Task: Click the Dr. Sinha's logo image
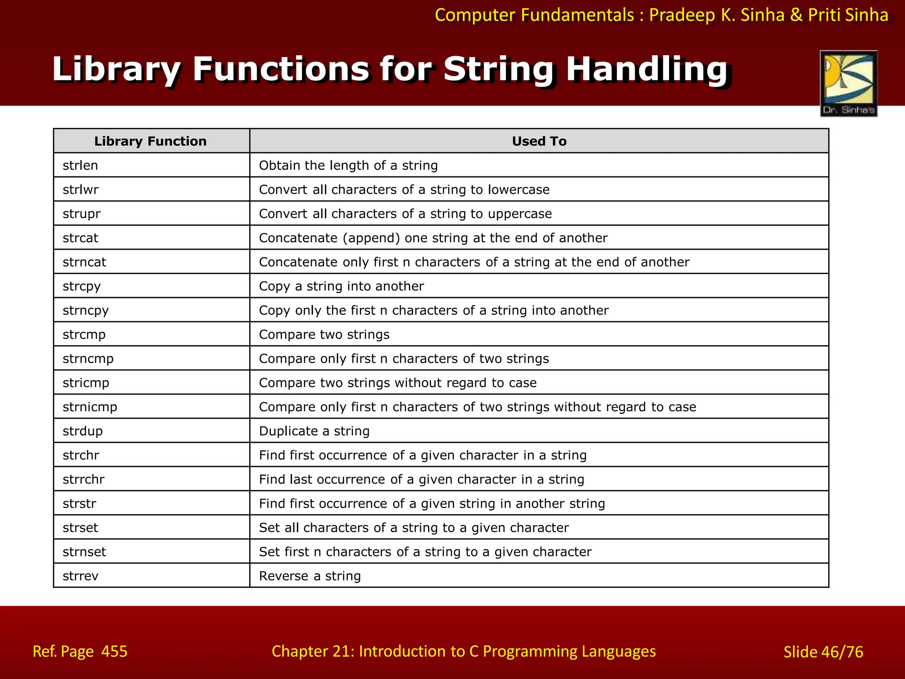tap(848, 84)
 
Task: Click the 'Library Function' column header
tap(150, 141)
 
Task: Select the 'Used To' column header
tap(539, 141)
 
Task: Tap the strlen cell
tap(80, 165)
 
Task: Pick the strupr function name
tap(82, 214)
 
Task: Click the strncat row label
tap(84, 262)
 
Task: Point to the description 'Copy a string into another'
tap(341, 286)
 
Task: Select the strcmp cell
tap(84, 334)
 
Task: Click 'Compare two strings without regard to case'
tap(398, 382)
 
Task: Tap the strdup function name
tap(83, 431)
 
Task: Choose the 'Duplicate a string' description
tap(314, 431)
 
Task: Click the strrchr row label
tap(84, 479)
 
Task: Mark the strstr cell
tap(80, 504)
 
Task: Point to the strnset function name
tap(84, 552)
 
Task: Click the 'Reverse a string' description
tap(310, 576)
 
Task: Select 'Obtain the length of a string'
tap(348, 165)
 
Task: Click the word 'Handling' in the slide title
tap(646, 69)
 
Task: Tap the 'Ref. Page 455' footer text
tap(80, 651)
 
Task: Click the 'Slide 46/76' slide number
tap(823, 652)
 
